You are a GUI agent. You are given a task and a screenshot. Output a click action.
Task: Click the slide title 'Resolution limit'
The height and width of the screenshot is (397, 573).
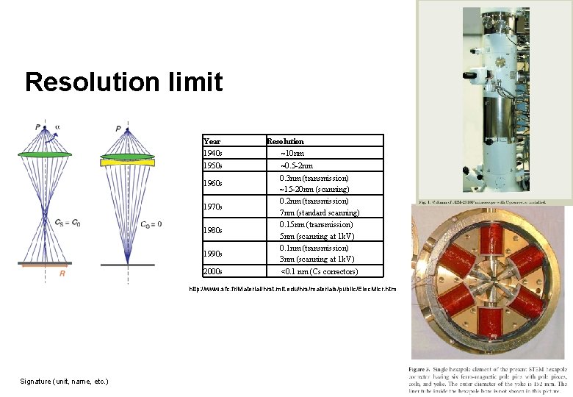coord(123,82)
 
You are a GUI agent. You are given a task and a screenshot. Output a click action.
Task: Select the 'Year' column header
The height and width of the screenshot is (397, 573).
coord(212,141)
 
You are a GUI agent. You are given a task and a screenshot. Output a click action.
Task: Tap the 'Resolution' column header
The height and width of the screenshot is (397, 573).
coord(286,141)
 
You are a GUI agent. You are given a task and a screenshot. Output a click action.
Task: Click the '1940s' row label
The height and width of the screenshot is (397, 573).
coord(212,153)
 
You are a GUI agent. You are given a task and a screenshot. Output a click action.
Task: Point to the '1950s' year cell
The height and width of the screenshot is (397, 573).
coord(212,165)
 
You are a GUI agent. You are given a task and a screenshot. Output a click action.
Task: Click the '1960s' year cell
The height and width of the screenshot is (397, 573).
coord(212,183)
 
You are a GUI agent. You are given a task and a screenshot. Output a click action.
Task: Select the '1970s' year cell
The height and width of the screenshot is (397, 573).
coord(212,207)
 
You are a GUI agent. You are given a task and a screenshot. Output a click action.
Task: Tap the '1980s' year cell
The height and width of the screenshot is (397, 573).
coord(212,230)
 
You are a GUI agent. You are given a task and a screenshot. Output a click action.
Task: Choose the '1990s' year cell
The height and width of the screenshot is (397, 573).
coord(212,254)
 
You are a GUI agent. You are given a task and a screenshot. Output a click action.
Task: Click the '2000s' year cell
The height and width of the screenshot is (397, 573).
coord(212,272)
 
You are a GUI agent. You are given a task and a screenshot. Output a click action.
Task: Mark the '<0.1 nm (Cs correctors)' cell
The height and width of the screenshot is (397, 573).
coord(320,272)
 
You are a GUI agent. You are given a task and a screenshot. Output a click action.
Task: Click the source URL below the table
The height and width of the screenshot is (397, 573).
coord(292,289)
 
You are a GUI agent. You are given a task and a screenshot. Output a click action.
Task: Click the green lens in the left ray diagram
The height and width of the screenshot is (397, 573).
coord(46,154)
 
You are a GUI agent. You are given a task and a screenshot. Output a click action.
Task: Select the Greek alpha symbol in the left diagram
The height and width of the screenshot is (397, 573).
coord(58,126)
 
